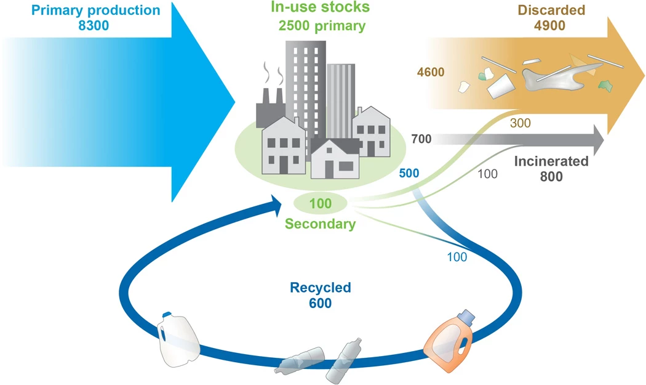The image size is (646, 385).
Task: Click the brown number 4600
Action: pyautogui.click(x=431, y=73)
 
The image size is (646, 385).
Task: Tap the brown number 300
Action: pyautogui.click(x=520, y=123)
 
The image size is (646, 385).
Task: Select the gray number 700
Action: pyautogui.click(x=421, y=139)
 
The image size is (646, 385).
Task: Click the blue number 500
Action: pyautogui.click(x=409, y=173)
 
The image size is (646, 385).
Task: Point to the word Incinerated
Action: pyautogui.click(x=551, y=162)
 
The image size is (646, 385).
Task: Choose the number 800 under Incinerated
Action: pyautogui.click(x=551, y=177)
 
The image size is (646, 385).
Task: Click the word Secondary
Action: pyautogui.click(x=320, y=224)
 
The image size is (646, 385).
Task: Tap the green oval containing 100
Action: pyautogui.click(x=320, y=203)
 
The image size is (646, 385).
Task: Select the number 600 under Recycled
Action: pyautogui.click(x=321, y=303)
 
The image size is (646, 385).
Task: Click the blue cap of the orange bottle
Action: pyautogui.click(x=468, y=316)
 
